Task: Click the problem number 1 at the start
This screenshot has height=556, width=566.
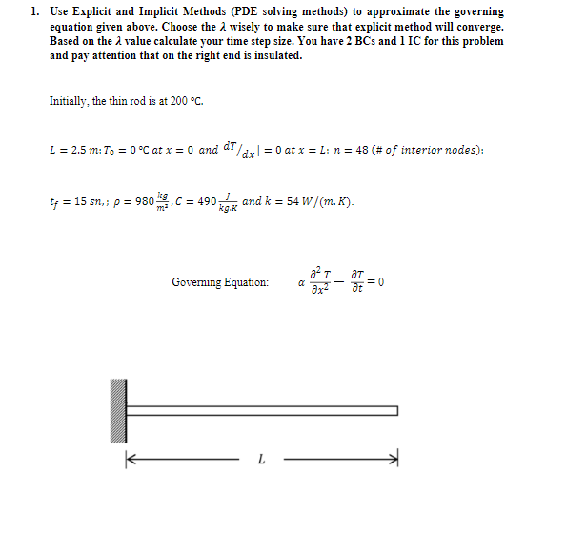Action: tap(33, 12)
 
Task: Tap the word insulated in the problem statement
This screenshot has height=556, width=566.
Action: tap(275, 55)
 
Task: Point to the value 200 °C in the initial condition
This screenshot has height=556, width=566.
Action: tap(187, 101)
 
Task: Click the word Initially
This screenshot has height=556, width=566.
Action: tap(68, 101)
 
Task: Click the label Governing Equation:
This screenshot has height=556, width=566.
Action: tap(220, 282)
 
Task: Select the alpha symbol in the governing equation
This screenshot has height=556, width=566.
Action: tap(301, 282)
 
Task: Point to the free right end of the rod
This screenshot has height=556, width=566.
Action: tap(396, 411)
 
